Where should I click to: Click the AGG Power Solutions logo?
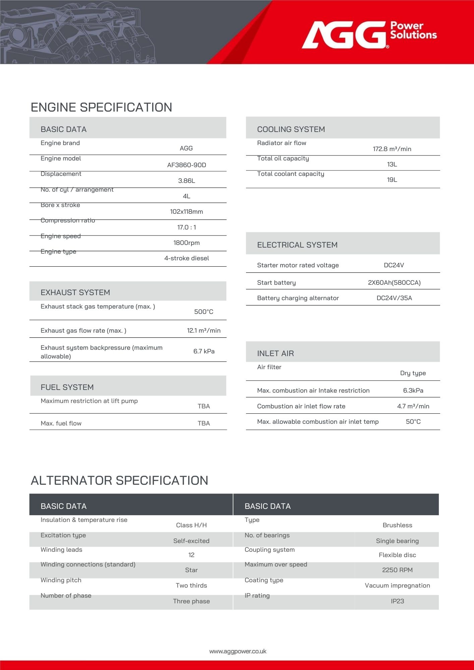pos(369,34)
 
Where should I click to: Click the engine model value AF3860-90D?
pos(186,165)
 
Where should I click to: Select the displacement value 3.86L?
pos(186,181)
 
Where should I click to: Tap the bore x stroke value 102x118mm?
pos(186,211)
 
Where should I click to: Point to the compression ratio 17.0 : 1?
pos(186,227)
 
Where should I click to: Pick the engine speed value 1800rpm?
pos(186,243)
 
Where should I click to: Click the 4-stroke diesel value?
pos(186,258)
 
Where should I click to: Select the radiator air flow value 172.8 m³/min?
pos(392,149)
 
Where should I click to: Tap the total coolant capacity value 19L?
pos(392,180)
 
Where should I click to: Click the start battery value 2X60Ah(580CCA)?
pos(394,282)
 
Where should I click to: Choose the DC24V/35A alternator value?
pos(394,298)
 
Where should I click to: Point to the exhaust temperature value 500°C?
pos(203,312)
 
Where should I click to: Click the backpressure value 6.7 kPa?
pos(204,351)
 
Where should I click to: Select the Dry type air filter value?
pos(413,373)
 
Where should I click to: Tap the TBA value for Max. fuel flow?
pos(203,423)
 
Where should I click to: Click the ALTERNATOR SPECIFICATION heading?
pos(119,480)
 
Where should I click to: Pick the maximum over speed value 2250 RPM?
pos(397,570)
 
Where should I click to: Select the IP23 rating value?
pos(397,601)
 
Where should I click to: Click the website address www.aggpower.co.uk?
pos(238,651)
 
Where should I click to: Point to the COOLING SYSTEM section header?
pos(291,129)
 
